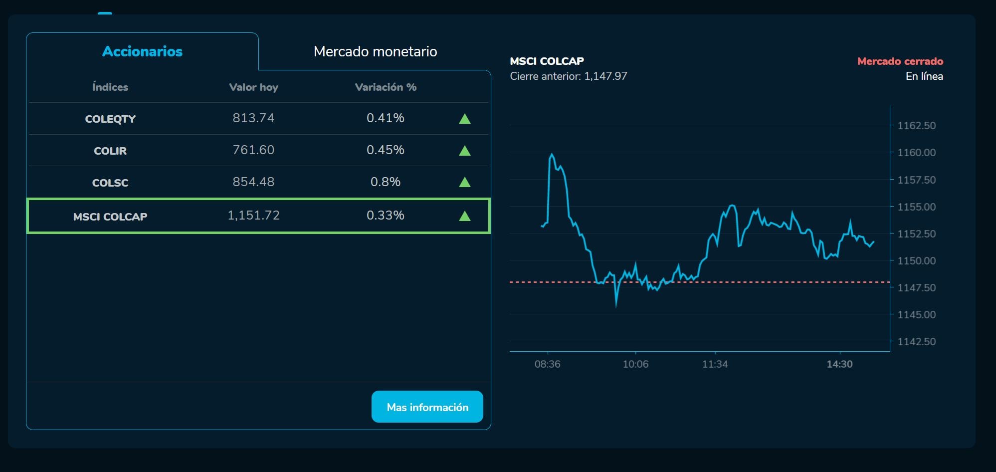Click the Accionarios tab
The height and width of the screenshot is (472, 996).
click(142, 51)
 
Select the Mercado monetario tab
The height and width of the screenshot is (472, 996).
click(375, 51)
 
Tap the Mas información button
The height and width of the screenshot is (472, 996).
click(427, 407)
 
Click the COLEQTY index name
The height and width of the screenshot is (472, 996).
click(110, 119)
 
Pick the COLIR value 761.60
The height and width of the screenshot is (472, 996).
click(253, 150)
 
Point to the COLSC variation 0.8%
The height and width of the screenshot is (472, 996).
click(385, 182)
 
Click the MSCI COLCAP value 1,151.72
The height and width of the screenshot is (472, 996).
click(253, 216)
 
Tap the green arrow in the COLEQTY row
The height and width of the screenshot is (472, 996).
click(464, 119)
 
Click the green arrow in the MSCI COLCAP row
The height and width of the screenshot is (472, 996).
click(464, 216)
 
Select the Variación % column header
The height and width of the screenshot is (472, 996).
click(386, 87)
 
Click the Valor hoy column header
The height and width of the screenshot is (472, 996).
click(253, 87)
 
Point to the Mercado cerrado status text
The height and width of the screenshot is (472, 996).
click(900, 61)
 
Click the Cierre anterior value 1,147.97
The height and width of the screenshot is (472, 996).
click(605, 76)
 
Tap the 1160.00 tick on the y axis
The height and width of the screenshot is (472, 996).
click(916, 153)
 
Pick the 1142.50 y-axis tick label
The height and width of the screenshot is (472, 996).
click(916, 342)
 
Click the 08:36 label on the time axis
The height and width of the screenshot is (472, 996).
click(547, 364)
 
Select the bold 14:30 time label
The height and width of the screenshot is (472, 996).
click(839, 364)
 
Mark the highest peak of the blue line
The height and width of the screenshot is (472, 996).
click(551, 154)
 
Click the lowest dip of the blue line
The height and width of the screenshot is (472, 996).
click(616, 305)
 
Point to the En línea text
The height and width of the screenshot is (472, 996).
click(924, 76)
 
